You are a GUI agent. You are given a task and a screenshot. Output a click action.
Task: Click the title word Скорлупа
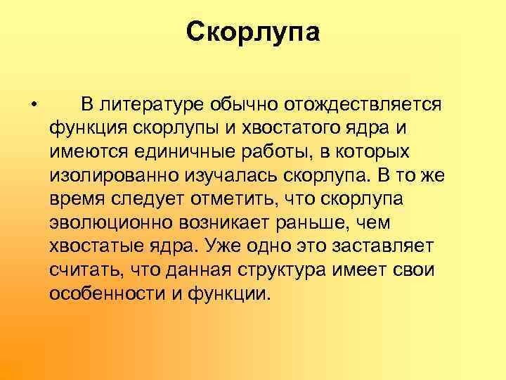(253, 32)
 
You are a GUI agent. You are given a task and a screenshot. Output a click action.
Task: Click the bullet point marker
(34, 106)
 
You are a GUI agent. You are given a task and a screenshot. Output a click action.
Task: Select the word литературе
(148, 106)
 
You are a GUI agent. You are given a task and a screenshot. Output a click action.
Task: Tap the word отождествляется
(362, 106)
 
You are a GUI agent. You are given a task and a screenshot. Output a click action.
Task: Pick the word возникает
(207, 223)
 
